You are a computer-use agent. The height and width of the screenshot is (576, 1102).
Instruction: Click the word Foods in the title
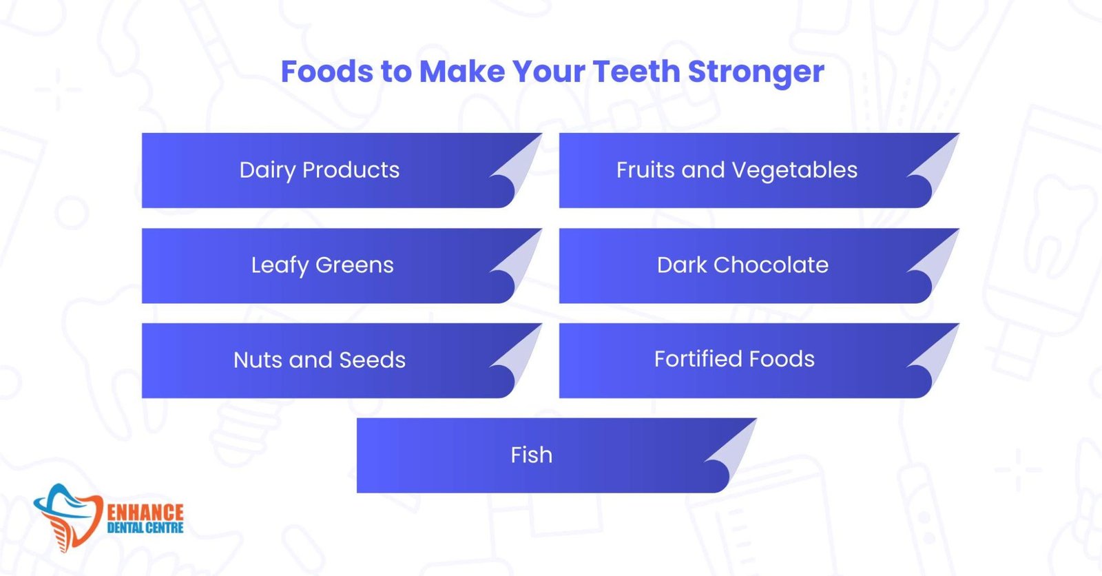coord(326,72)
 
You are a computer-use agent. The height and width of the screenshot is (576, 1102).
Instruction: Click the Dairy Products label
coord(320,170)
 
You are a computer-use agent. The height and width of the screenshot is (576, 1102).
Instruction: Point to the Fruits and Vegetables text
coord(736,170)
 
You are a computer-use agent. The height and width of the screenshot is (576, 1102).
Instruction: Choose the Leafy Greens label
coord(322,265)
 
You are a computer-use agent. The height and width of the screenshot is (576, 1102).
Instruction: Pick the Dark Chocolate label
coord(742,265)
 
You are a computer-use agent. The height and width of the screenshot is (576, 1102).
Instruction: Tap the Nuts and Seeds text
coord(320,360)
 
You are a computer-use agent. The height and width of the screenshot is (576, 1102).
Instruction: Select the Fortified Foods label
coord(734,359)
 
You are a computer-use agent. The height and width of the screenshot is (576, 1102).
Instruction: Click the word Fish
coord(531,455)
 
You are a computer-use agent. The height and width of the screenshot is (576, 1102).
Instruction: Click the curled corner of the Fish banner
coord(731,451)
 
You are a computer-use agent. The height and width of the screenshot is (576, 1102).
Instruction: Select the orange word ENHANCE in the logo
coord(145,513)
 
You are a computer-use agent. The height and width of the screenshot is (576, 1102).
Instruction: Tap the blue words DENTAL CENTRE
coord(145,528)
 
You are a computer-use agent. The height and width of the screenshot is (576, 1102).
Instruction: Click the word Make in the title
coord(461,72)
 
